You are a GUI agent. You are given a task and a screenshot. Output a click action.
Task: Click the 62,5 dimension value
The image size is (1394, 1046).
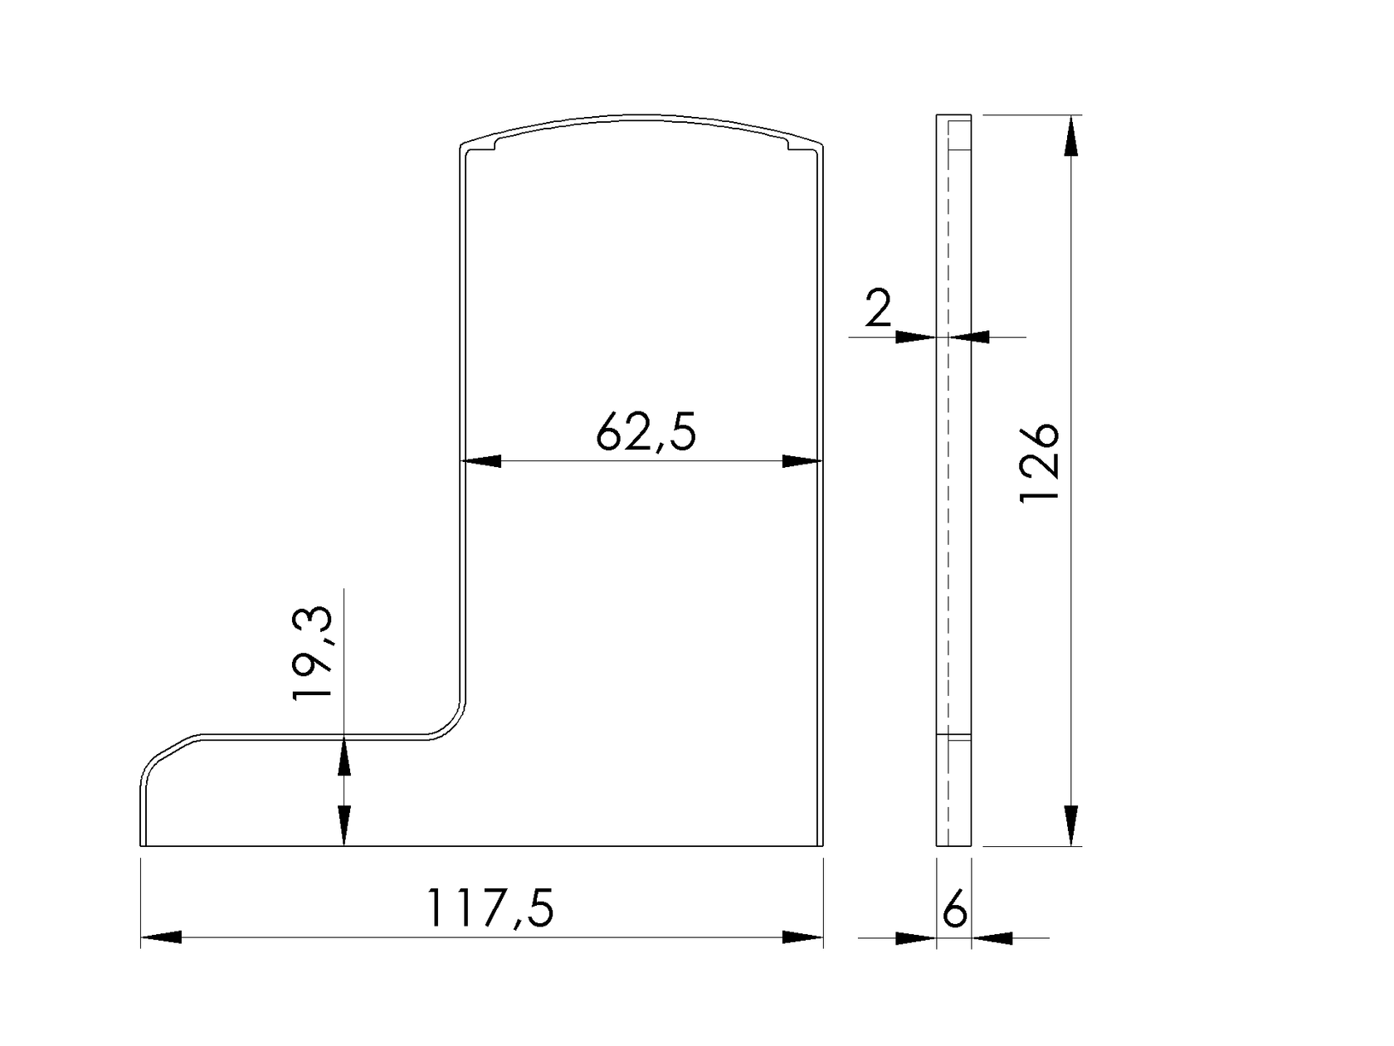tap(646, 433)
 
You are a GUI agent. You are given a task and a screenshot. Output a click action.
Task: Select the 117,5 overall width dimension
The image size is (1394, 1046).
tap(489, 909)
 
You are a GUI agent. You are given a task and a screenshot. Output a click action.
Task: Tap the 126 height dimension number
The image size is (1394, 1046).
tap(1039, 463)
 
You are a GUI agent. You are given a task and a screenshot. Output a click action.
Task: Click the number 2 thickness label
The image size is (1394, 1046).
tap(877, 309)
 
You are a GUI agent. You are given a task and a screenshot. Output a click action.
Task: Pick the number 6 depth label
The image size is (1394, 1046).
tap(955, 912)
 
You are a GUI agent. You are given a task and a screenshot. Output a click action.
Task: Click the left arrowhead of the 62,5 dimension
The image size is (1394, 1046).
tap(482, 461)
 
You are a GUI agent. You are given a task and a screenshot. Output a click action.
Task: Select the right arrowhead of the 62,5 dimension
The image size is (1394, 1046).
tap(802, 461)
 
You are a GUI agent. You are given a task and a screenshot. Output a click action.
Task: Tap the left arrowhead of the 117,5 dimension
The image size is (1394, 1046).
tap(161, 937)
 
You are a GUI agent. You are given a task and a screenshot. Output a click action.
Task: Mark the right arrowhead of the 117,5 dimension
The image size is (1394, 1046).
tap(803, 937)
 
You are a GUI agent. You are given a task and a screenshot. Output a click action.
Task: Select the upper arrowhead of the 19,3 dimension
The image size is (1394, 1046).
tap(344, 757)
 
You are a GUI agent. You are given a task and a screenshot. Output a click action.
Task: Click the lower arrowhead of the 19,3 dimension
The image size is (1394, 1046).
tap(344, 825)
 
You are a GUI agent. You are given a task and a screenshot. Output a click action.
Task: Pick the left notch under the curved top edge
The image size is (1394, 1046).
tap(495, 147)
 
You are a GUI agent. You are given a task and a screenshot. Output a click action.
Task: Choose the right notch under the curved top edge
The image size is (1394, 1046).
tap(789, 147)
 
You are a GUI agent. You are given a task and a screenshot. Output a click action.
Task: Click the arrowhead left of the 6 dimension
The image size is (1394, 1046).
tap(916, 938)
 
